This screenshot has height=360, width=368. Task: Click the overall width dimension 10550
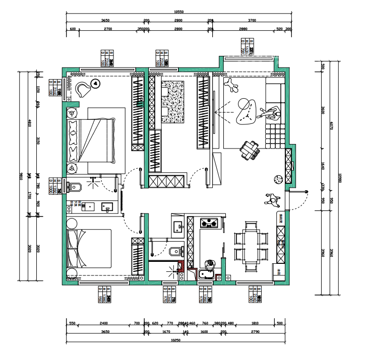coord(178,12)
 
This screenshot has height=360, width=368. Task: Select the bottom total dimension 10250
coord(176,340)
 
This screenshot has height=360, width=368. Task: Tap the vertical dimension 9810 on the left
coord(22,176)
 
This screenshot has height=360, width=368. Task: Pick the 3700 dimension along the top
coord(252,21)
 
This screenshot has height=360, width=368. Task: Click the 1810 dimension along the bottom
coord(255,323)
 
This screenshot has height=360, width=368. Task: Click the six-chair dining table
coord(250,244)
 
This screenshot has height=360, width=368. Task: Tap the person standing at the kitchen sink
coord(210,264)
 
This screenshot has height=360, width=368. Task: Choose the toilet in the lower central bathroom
coord(173,251)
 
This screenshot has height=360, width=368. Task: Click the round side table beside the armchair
coord(95,83)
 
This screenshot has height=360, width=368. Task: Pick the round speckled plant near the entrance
coord(278,178)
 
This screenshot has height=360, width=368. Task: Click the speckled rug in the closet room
coord(174,102)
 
